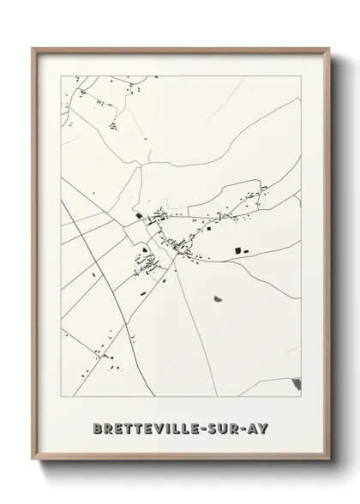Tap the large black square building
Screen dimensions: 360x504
coord(237,250)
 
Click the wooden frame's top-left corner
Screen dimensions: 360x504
coord(33,49)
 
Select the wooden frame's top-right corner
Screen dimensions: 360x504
coord(327,49)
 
